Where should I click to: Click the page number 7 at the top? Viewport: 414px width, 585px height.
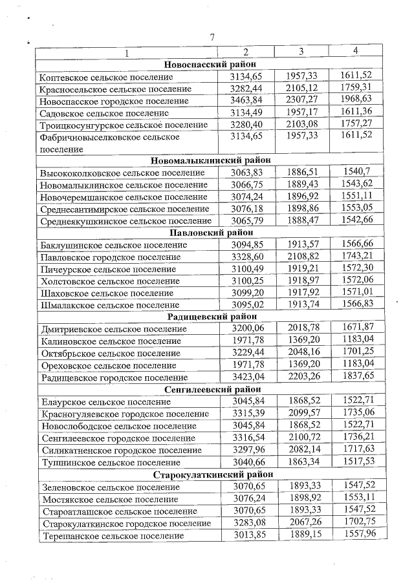[212, 37]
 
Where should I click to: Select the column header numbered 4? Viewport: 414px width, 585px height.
[355, 51]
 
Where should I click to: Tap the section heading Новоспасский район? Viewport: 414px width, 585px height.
[210, 65]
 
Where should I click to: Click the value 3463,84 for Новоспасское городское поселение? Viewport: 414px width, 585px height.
[246, 100]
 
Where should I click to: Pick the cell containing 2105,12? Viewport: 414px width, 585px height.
[301, 88]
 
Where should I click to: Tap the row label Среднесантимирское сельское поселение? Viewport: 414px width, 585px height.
[125, 209]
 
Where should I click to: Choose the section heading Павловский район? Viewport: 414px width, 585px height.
[210, 233]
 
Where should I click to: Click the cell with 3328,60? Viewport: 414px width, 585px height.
[246, 257]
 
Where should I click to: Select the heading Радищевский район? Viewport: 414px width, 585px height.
[210, 317]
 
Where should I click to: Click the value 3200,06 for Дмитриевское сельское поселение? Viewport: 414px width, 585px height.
[246, 328]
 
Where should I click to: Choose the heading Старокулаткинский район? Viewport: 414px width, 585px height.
[210, 474]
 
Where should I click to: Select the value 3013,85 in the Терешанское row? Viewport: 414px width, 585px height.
[246, 535]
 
